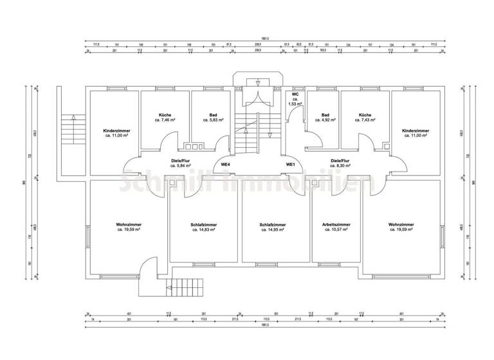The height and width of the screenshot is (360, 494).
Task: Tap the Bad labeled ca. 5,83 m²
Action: tap(213, 118)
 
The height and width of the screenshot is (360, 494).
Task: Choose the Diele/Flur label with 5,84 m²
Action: tap(181, 163)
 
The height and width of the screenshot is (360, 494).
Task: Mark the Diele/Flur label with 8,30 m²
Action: tap(340, 163)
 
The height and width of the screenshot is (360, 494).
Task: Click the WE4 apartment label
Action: tap(226, 165)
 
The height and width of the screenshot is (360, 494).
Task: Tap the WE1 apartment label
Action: tap(290, 165)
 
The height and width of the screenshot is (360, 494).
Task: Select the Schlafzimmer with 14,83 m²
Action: tap(203, 228)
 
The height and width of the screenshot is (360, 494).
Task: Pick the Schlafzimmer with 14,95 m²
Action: tap(273, 228)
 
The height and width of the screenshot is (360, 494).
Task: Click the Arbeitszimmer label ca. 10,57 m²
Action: tap(335, 227)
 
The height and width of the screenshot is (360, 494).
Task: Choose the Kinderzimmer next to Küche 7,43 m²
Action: tap(415, 133)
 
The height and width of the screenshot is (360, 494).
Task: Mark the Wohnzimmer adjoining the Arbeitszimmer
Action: tap(401, 227)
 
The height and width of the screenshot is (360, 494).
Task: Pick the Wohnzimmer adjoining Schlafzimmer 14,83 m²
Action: tap(129, 227)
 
